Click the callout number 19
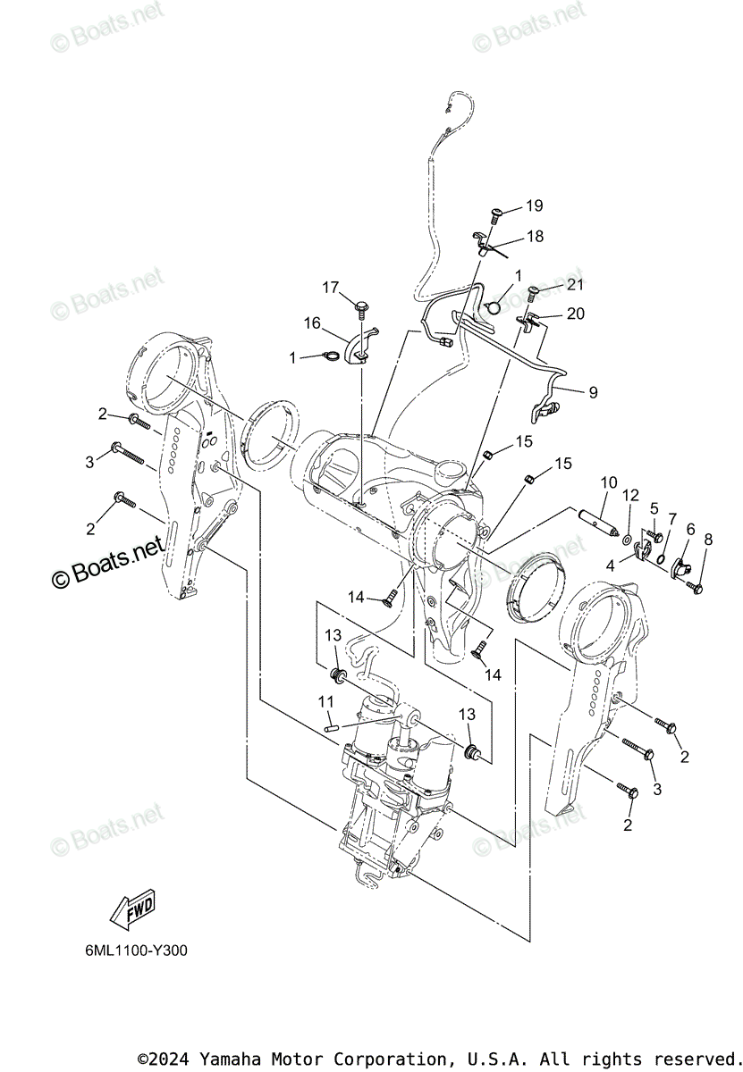(534, 206)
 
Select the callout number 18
(534, 237)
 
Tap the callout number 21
(574, 285)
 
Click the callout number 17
(331, 287)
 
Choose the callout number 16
(311, 322)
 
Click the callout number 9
(593, 391)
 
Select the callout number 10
(608, 483)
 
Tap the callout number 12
(631, 494)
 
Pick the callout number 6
(690, 530)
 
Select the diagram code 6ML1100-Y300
(131, 951)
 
